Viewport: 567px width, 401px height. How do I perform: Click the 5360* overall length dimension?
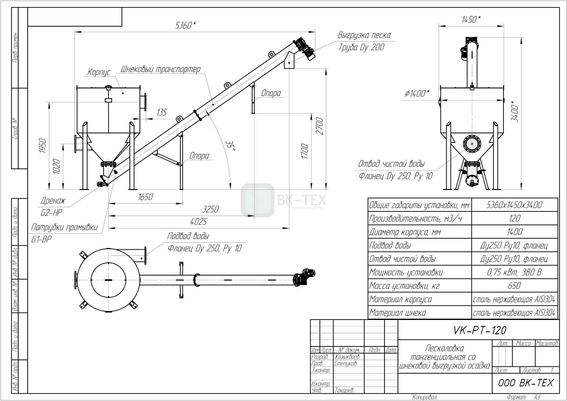pyautogui.click(x=185, y=25)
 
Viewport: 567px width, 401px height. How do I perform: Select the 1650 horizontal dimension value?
pyautogui.click(x=145, y=197)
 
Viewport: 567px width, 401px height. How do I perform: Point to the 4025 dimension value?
pyautogui.click(x=198, y=222)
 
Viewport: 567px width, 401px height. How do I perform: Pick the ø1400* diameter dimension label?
pyautogui.click(x=417, y=93)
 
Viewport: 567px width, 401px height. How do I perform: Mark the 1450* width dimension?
pyautogui.click(x=471, y=19)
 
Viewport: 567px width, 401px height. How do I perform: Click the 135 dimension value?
pyautogui.click(x=162, y=112)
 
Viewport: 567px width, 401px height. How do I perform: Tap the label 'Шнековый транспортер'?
pyautogui.click(x=160, y=69)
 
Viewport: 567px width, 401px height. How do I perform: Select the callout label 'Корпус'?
pyautogui.click(x=99, y=72)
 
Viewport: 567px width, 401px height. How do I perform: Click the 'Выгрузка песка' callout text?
pyautogui.click(x=364, y=35)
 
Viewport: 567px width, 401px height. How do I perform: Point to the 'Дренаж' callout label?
pyautogui.click(x=53, y=200)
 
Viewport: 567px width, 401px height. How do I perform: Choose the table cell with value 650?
pyautogui.click(x=514, y=286)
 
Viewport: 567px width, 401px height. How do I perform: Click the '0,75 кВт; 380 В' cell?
pyautogui.click(x=514, y=272)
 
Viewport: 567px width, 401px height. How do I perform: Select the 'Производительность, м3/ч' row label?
pyautogui.click(x=416, y=219)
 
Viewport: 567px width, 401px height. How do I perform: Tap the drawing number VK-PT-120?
pyautogui.click(x=480, y=330)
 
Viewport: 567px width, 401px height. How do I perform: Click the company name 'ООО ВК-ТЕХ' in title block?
pyautogui.click(x=526, y=383)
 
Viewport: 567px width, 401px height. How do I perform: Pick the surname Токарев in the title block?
pyautogui.click(x=344, y=390)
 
